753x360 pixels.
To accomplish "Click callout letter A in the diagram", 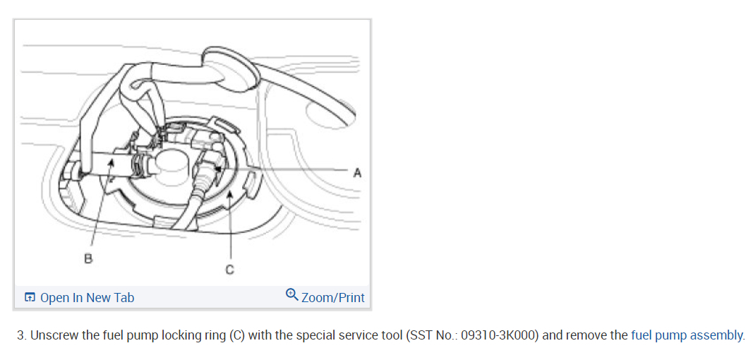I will coord(357,172).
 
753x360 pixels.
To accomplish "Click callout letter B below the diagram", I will coord(88,258).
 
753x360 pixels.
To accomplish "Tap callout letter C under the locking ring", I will coord(229,270).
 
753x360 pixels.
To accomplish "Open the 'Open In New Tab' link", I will coord(87,298).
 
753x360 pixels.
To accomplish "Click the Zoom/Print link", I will coord(332,298).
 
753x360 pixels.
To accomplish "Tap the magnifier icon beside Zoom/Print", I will coord(292,296).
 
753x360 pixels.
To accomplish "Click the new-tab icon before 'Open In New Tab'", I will coord(30,298).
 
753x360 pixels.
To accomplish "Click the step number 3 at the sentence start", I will coord(20,335).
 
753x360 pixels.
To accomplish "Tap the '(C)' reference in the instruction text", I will coord(236,335).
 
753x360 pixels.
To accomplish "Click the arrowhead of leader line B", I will coord(110,162).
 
